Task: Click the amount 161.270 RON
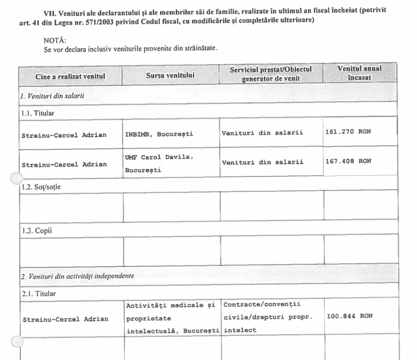click(x=348, y=132)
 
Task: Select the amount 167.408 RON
click(x=348, y=161)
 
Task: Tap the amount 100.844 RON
click(x=349, y=316)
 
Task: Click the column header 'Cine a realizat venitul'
click(x=70, y=76)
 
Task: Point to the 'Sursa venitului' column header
click(x=170, y=76)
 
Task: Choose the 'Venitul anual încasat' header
click(x=359, y=73)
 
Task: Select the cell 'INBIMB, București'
click(x=159, y=134)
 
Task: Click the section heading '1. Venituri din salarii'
click(x=52, y=96)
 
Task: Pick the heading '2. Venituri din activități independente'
click(x=77, y=275)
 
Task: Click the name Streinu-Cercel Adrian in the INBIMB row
click(x=64, y=135)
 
